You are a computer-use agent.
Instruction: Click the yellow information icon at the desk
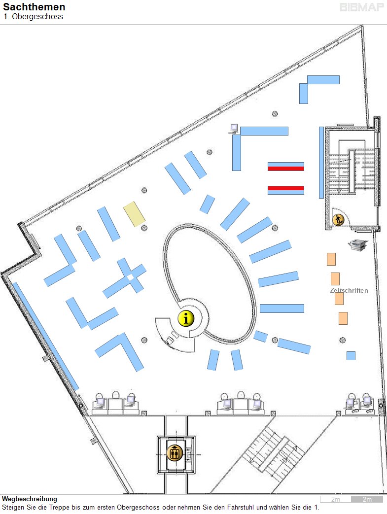coord(186,318)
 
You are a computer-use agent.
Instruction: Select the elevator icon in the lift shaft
coord(175,453)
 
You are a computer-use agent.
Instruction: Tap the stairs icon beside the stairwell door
coord(338,220)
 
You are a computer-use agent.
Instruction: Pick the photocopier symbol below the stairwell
coord(357,245)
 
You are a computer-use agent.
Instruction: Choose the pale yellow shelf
coord(134,214)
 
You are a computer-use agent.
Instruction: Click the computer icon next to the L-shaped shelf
coord(234,129)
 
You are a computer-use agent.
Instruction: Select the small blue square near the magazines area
coord(351,356)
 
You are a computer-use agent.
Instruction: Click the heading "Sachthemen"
coord(34,7)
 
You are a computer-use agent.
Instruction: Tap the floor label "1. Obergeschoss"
coord(33,17)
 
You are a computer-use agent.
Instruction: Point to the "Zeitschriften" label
coord(349,290)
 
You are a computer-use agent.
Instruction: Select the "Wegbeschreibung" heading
coord(30,499)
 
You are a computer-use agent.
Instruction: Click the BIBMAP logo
coord(362,7)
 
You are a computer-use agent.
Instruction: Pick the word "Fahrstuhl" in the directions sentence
coord(241,508)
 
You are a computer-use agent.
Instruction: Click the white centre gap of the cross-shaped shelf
coord(131,277)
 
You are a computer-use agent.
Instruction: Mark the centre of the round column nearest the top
coord(275,114)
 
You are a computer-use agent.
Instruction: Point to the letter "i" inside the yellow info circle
coord(186,318)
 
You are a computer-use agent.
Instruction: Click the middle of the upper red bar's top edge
coord(286,167)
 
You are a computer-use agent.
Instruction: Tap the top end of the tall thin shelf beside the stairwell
coord(321,127)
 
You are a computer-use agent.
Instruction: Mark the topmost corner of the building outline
coord(362,25)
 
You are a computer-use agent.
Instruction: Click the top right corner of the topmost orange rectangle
coord(336,253)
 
